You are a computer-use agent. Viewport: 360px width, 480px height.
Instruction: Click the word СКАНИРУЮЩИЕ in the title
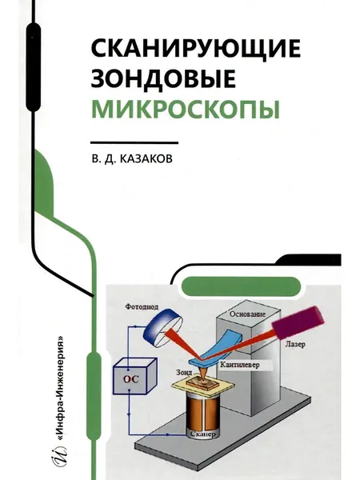point(196,50)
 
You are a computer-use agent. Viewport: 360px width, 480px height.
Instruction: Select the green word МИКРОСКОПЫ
point(186,109)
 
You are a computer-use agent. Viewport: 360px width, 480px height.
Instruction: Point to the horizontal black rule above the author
point(134,142)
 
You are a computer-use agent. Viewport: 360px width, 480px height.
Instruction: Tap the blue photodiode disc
point(162,326)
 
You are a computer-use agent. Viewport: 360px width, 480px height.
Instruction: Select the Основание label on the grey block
point(248,314)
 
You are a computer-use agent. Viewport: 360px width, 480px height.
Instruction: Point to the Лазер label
point(295,344)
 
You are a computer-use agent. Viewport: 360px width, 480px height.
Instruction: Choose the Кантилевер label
point(240,365)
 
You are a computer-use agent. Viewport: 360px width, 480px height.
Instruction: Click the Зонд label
point(184,372)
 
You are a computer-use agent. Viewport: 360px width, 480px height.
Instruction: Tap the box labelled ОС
point(134,376)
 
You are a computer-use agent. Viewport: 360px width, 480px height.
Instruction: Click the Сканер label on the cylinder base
point(203,434)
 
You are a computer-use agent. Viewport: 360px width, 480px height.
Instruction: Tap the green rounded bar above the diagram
point(242,286)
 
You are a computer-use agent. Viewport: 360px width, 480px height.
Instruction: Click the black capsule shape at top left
point(34,67)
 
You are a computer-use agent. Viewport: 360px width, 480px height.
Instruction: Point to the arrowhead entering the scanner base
point(183,434)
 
